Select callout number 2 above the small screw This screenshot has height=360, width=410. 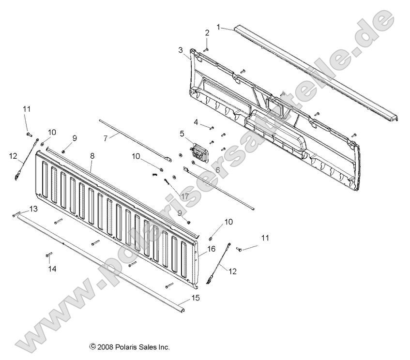pyautogui.click(x=207, y=33)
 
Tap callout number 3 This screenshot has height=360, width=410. pyautogui.click(x=181, y=50)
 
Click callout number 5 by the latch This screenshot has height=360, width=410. pyautogui.click(x=182, y=133)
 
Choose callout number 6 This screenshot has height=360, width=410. pyautogui.click(x=217, y=169)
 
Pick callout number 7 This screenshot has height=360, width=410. pyautogui.click(x=105, y=137)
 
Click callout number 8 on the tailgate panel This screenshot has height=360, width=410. pyautogui.click(x=92, y=156)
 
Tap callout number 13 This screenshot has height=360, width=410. pyautogui.click(x=33, y=209)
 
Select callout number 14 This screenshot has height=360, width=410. pyautogui.click(x=52, y=269)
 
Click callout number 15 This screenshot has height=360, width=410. pyautogui.click(x=195, y=299)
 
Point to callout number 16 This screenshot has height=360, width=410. pyautogui.click(x=211, y=249)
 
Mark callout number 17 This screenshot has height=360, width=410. pyautogui.click(x=184, y=196)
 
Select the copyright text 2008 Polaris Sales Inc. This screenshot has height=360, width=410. pyautogui.click(x=129, y=346)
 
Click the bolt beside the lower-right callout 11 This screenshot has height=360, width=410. pyautogui.click(x=240, y=248)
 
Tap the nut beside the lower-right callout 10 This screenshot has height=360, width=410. pyautogui.click(x=211, y=239)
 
